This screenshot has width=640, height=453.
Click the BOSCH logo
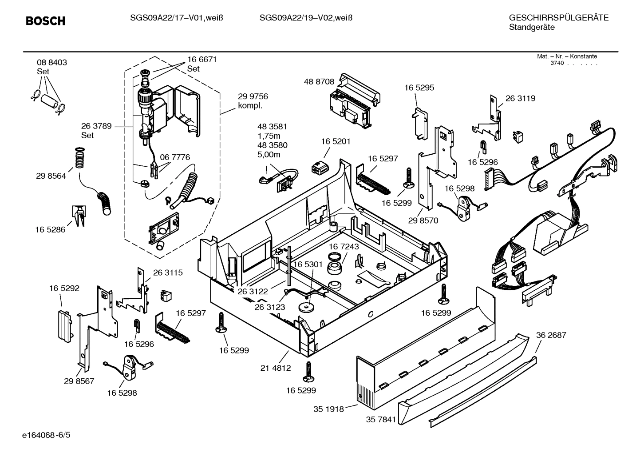tap(45, 21)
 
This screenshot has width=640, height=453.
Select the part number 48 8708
tap(319, 82)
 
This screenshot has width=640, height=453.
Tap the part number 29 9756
tap(253, 96)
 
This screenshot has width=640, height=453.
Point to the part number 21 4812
tap(276, 368)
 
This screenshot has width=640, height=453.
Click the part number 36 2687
tap(551, 335)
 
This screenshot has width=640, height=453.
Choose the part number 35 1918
tap(328, 409)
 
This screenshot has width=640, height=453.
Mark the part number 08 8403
tap(52, 63)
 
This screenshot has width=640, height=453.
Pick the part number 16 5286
tap(50, 230)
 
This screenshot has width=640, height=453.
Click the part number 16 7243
tap(344, 246)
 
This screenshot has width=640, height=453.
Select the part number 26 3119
tap(520, 99)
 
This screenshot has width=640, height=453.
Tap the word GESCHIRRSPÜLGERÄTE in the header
tap(558, 18)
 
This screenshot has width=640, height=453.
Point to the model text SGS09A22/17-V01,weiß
tap(176, 18)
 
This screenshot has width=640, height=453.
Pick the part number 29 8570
tap(423, 220)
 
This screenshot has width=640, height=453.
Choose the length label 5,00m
tap(269, 155)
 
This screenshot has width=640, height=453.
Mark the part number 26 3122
tap(253, 292)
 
